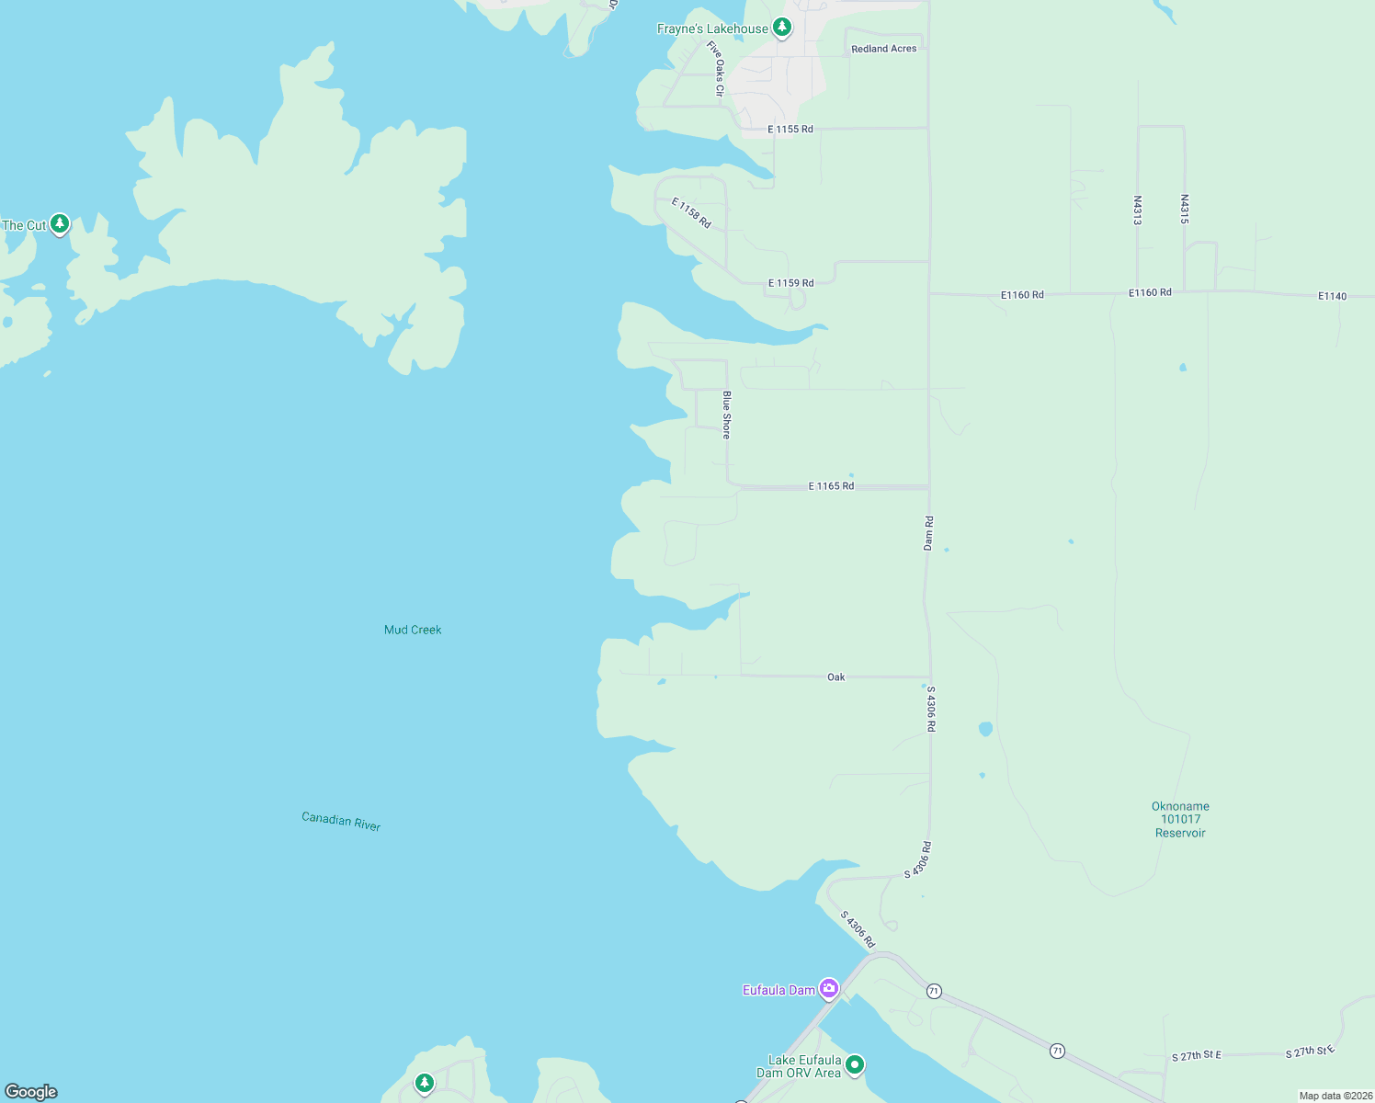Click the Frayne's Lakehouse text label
[712, 29]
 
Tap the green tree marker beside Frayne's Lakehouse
[782, 28]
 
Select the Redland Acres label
[883, 49]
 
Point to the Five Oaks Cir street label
[717, 68]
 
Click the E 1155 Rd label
[790, 130]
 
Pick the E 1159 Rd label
[790, 283]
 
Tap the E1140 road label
[1332, 296]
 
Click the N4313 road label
[1137, 210]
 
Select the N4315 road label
[1185, 210]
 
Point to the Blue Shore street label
[726, 415]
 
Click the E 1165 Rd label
[831, 486]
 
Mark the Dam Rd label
[928, 533]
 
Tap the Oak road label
[835, 677]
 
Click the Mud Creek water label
[413, 630]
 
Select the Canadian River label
[341, 821]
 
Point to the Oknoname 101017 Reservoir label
[1180, 819]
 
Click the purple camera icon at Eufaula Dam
[829, 988]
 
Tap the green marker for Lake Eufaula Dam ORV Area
[855, 1064]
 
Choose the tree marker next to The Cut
[60, 223]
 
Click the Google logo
[31, 1092]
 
